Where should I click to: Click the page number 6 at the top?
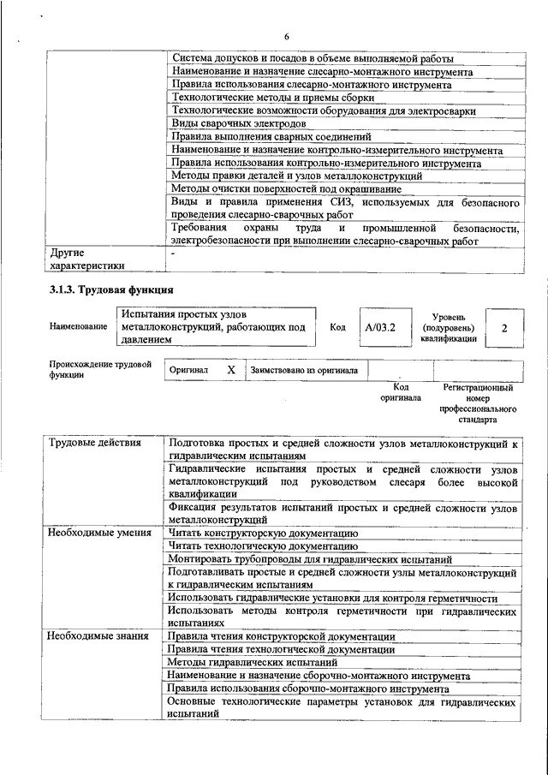point(287,35)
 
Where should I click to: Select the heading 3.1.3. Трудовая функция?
point(111,289)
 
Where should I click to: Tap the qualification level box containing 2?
point(503,328)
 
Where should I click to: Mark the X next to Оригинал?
point(230,369)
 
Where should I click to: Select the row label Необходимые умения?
point(88,533)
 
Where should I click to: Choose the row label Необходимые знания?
point(86,636)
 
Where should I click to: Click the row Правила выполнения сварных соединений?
point(271,136)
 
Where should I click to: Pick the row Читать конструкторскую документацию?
point(263,533)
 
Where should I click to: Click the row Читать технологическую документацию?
point(263,545)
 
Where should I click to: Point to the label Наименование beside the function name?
point(78,327)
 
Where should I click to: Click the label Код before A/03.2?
point(337,327)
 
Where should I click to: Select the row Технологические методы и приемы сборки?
point(249,98)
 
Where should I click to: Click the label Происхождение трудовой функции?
point(100,369)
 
